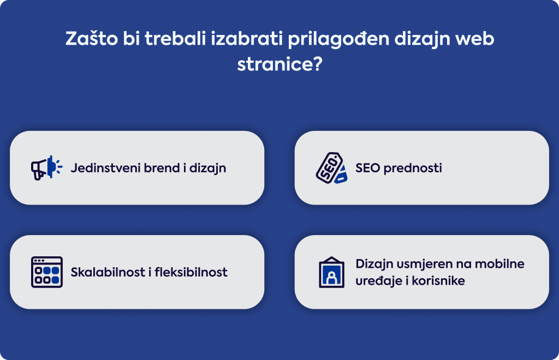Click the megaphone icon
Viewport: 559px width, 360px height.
[47, 167]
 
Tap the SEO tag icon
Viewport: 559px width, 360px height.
[331, 167]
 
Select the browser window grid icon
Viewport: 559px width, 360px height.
[47, 272]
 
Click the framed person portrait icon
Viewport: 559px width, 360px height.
[331, 272]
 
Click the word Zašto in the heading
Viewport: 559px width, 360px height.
[91, 39]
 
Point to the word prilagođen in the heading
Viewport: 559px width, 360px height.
[338, 39]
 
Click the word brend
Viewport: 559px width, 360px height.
[162, 167]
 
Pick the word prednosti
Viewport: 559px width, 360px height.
[413, 168]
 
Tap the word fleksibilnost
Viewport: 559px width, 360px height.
[191, 272]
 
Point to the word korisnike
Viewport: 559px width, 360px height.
[438, 280]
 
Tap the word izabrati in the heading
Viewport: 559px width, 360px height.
[247, 39]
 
